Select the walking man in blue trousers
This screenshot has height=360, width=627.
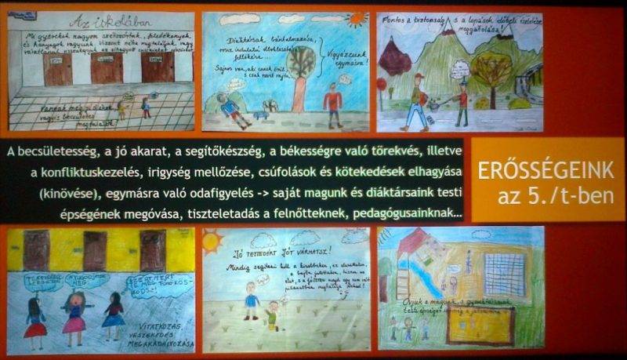click(415, 102)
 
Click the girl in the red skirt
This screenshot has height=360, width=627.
click(34, 318)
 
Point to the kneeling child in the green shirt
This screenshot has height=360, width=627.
click(273, 313)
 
